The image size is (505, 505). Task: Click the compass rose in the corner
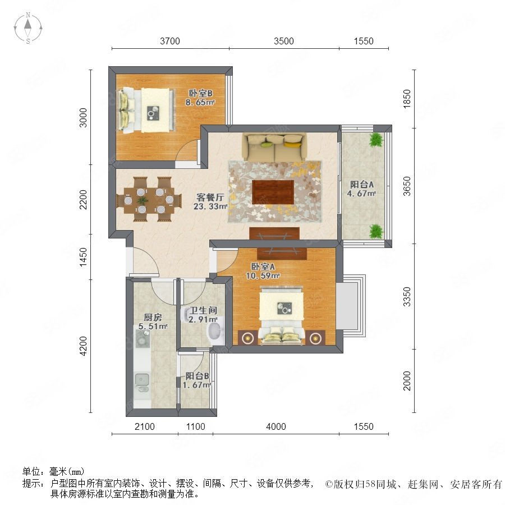point(28,27)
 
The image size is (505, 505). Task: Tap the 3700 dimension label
point(170,41)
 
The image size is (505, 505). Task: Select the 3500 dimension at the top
point(284,41)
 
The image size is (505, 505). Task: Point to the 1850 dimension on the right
point(407,99)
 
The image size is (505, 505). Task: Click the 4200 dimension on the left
point(83,346)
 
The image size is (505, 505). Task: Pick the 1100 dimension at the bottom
point(195,427)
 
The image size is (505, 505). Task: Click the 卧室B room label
point(200,93)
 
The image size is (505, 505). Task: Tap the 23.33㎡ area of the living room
point(210,206)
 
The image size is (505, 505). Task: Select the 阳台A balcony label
point(362,185)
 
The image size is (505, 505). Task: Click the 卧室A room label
point(263,267)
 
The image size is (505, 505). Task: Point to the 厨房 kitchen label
point(153,317)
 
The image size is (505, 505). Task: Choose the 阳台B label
point(197,376)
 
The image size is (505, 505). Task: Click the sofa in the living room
point(274,147)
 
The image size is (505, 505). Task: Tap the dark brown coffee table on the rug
point(273,192)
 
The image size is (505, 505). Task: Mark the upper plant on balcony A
point(376,140)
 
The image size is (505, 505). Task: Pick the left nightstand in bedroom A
point(247,338)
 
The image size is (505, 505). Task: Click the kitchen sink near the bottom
point(141,380)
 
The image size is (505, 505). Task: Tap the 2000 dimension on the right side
point(407,380)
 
